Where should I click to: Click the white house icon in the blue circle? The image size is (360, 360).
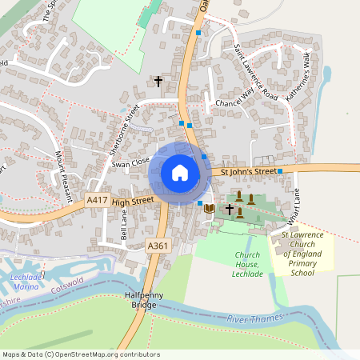click(x=180, y=172)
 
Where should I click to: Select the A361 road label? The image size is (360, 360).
click(x=158, y=246)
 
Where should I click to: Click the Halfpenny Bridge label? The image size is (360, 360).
click(x=145, y=301)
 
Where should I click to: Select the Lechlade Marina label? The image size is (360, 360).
click(x=22, y=281)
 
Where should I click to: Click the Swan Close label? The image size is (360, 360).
click(x=131, y=163)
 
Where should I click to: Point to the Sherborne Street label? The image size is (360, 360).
click(x=124, y=127)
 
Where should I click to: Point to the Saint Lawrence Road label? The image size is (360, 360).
click(x=256, y=76)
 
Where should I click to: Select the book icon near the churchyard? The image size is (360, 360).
click(x=210, y=208)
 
